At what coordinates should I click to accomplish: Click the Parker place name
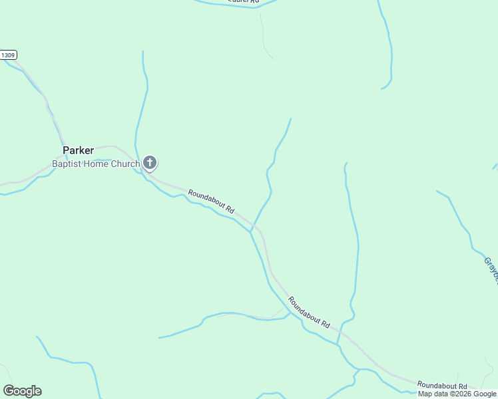pos(79,150)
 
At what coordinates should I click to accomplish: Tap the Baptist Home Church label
pos(96,164)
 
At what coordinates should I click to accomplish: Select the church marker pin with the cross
pos(150,162)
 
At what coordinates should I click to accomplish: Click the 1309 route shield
pos(9,55)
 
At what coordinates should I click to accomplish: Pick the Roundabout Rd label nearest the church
pos(212,201)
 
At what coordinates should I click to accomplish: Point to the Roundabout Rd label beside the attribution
pos(442,386)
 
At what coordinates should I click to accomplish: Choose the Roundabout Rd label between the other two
pos(309,312)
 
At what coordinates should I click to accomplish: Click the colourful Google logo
pos(22,391)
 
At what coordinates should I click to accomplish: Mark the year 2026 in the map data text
pos(461,394)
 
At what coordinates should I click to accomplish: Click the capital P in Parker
pos(66,150)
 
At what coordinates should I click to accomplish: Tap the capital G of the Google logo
pos(9,390)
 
